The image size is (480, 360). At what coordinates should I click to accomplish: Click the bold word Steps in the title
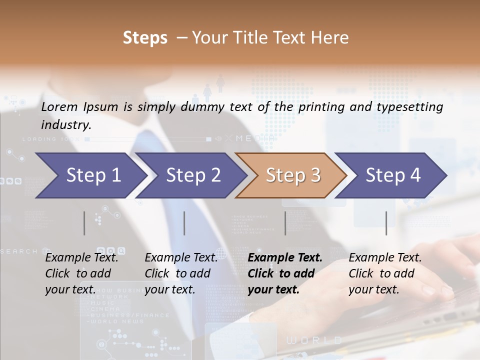click(145, 38)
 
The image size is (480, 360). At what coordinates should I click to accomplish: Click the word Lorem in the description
click(59, 106)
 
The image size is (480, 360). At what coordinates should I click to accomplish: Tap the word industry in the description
click(65, 125)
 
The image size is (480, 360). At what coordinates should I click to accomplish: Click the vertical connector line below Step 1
click(84, 223)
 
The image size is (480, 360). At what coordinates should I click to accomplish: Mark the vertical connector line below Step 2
click(184, 223)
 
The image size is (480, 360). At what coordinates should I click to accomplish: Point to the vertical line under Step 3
click(285, 223)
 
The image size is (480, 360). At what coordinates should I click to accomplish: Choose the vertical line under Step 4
click(386, 223)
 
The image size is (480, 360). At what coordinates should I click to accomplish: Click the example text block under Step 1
click(81, 273)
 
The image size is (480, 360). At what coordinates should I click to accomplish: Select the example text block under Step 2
click(181, 273)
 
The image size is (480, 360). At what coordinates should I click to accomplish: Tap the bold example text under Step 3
click(285, 273)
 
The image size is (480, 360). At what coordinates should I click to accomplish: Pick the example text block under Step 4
click(385, 273)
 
